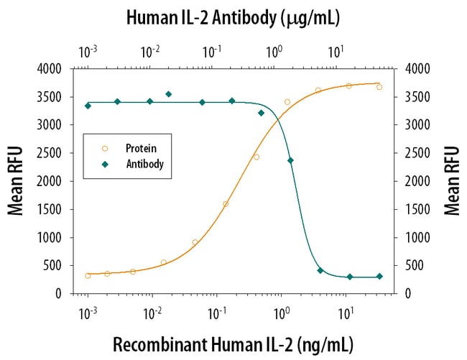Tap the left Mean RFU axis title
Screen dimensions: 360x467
click(x=16, y=180)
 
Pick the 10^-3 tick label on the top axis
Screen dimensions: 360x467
click(x=88, y=52)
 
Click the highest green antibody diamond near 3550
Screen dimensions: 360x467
click(x=169, y=94)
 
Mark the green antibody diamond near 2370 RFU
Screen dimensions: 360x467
click(x=290, y=160)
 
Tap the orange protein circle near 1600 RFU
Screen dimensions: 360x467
click(x=226, y=204)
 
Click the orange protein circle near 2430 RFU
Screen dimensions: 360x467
click(x=256, y=157)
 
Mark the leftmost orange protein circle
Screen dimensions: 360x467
click(x=88, y=275)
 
